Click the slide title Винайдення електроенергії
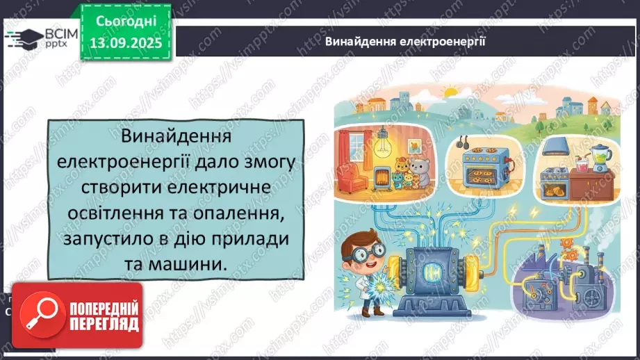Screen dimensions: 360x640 coord(405,41)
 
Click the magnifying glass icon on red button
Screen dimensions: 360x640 coord(39,314)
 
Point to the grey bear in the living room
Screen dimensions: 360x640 coord(418,172)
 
